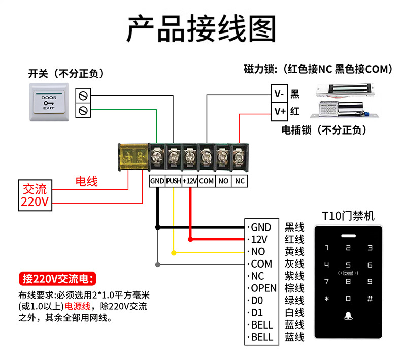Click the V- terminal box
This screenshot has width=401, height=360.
click(279, 94)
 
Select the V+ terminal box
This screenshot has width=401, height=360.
click(279, 110)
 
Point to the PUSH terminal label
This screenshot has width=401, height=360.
click(174, 181)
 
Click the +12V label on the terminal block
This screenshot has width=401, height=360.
click(190, 181)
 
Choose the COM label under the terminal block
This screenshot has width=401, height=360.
click(206, 181)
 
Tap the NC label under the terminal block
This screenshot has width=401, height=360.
click(239, 181)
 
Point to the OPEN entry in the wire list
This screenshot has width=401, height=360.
click(264, 288)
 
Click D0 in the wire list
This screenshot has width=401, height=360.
click(258, 300)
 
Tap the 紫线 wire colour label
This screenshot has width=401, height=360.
click(294, 276)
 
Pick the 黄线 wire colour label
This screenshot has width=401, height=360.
click(294, 251)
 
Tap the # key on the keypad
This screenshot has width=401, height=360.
click(370, 299)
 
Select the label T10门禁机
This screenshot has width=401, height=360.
click(348, 216)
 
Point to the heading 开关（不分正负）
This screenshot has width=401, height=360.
click(66, 74)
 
